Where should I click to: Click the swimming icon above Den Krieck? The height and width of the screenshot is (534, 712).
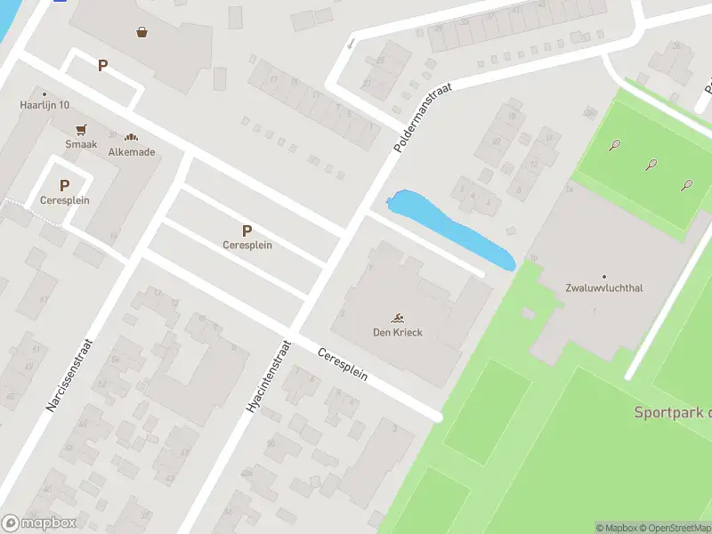pos(398,318)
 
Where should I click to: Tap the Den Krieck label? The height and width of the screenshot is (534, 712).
pos(398,333)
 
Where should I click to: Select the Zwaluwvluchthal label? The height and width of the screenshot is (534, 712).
pos(603,288)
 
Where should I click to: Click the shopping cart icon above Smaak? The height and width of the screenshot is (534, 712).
pos(81,129)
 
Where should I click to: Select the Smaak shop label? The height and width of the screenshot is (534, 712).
pos(81,143)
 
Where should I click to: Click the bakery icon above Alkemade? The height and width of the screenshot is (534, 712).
pos(132,138)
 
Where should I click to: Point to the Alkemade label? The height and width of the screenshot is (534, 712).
pos(132,152)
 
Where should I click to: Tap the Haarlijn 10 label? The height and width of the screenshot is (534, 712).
pos(44,105)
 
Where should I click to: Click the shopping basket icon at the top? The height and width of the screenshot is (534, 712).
pos(142,33)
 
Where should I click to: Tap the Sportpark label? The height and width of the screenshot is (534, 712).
pos(672,412)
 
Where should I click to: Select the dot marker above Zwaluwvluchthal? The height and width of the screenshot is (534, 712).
pos(604,277)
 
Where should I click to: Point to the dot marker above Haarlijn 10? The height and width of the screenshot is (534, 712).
pos(44,93)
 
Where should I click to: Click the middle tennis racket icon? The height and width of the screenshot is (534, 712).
pos(651,165)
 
